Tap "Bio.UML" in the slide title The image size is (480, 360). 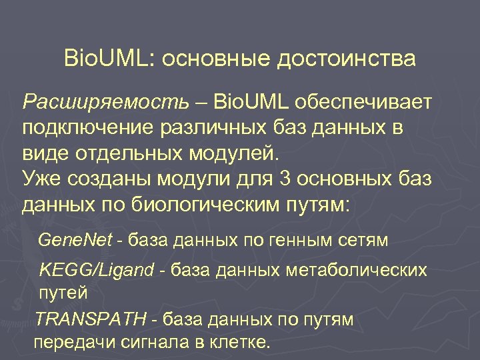(108, 58)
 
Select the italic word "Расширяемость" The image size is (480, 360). (106, 102)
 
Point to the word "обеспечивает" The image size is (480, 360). (368, 102)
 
